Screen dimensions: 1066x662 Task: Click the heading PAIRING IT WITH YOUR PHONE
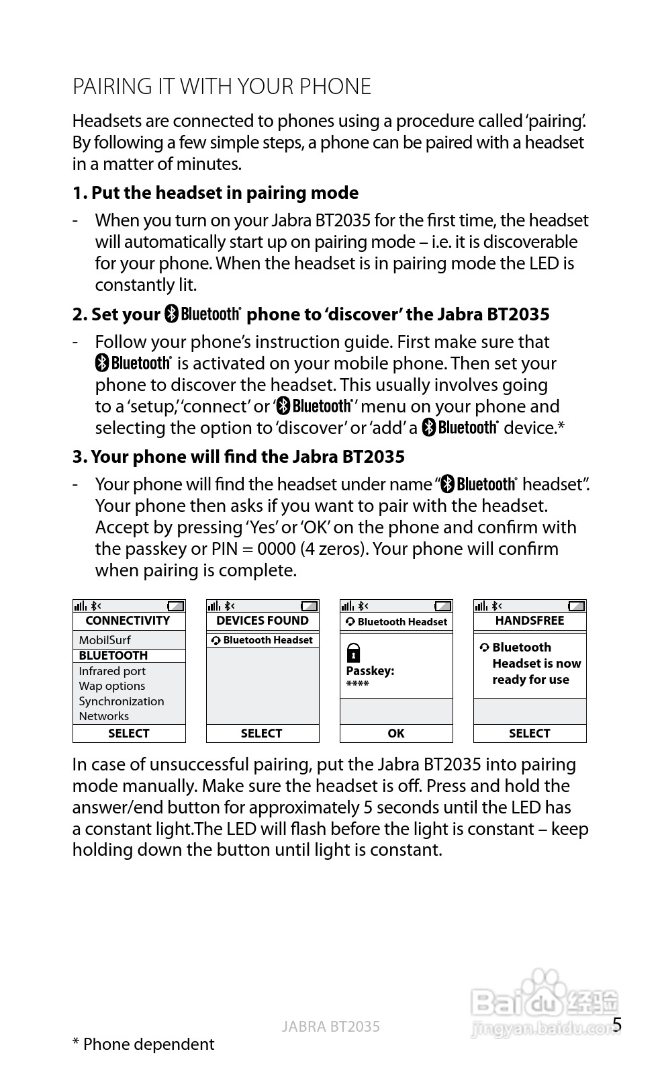pos(222,87)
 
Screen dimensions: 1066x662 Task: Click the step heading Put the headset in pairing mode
pos(216,193)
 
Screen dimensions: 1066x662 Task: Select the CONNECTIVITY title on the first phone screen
pos(128,621)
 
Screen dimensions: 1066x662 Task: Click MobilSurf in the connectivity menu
pos(105,640)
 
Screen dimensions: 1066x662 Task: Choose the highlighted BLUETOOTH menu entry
pos(113,656)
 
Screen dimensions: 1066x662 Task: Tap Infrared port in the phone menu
pos(112,671)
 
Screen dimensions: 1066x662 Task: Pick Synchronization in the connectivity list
pos(122,701)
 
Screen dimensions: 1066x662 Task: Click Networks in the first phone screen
pos(104,716)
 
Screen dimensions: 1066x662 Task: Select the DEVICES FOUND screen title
pos(262,621)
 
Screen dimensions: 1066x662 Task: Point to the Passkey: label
pos(370,671)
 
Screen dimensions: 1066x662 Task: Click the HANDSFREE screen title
pos(530,621)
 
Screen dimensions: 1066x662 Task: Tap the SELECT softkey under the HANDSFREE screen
pos(529,734)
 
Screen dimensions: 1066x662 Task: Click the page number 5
pos(617,1025)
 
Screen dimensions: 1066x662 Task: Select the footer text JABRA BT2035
pos(330,1026)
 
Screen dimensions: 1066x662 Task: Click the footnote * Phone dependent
pos(143,1044)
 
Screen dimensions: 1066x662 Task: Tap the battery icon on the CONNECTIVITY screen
pos(175,606)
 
